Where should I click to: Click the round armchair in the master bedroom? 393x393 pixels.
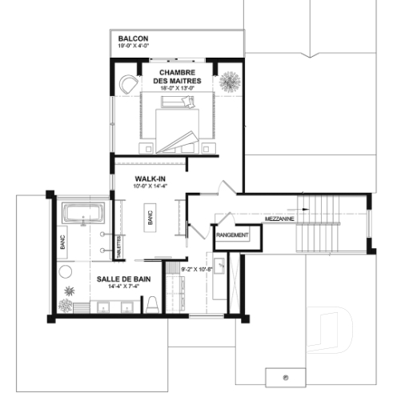coord(129,82)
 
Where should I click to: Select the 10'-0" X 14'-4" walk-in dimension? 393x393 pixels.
coord(150,187)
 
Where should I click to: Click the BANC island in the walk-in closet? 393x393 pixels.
coord(149,216)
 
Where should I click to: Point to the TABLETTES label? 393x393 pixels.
coord(121,241)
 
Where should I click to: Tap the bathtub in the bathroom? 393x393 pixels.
coord(84,215)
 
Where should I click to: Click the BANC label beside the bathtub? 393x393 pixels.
coord(63,239)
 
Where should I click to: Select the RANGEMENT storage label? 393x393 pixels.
coord(232,235)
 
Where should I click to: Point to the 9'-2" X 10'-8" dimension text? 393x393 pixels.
coord(198,270)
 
